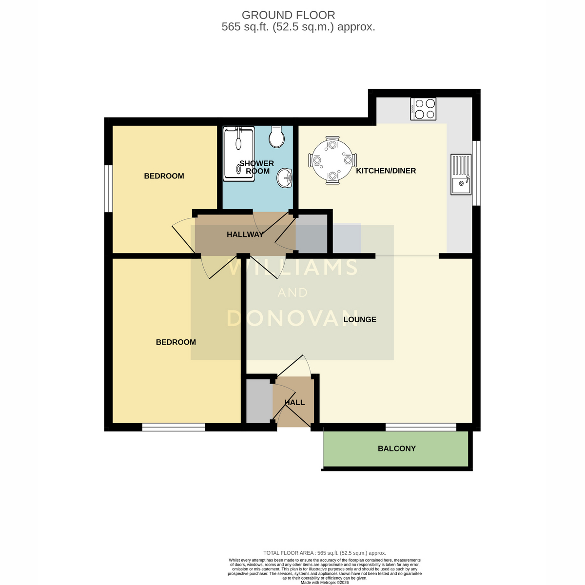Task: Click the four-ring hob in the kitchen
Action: click(423, 109)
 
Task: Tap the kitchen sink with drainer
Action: click(461, 174)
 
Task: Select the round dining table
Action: click(332, 160)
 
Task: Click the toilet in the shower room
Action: click(276, 137)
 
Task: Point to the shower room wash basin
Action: click(284, 177)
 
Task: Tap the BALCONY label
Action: click(396, 448)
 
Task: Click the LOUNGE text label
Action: click(360, 319)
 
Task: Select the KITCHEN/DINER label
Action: click(386, 171)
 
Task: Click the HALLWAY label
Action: click(245, 234)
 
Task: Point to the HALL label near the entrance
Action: click(294, 403)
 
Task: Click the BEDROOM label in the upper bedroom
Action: click(164, 176)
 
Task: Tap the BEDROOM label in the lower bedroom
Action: click(176, 342)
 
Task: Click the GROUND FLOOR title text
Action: click(288, 15)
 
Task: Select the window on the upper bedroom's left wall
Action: click(108, 189)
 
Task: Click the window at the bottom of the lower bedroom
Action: click(174, 427)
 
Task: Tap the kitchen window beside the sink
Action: click(476, 173)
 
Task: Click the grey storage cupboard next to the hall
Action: click(259, 401)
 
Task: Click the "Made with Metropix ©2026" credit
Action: click(325, 583)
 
